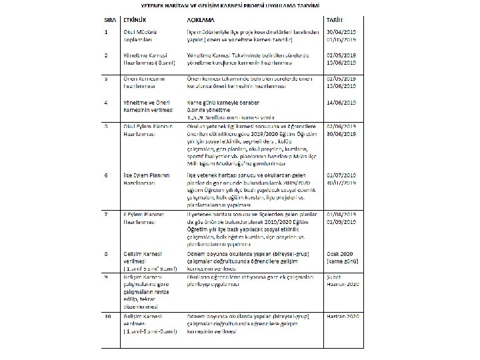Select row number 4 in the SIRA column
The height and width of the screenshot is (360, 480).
(x=107, y=101)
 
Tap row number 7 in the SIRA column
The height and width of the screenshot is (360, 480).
(x=107, y=215)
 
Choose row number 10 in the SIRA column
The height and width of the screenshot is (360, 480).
(x=108, y=315)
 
